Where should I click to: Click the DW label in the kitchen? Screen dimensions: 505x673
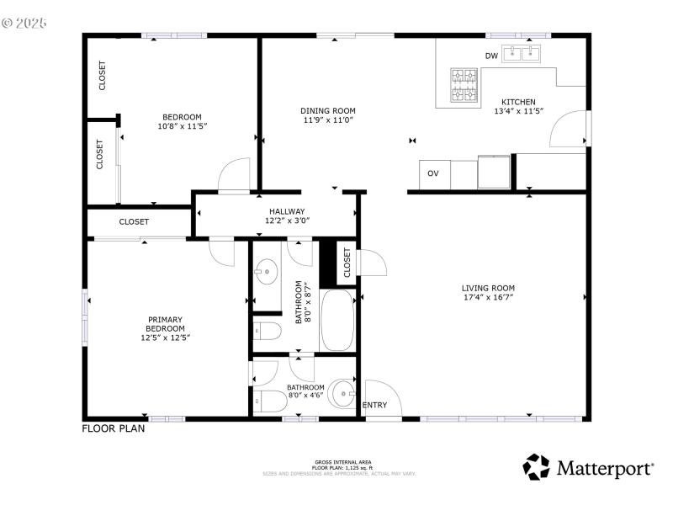point(492,56)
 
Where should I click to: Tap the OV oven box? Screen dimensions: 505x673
point(433,173)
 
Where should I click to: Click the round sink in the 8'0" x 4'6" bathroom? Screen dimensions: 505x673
point(342,392)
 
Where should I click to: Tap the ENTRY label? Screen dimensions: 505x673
point(374,406)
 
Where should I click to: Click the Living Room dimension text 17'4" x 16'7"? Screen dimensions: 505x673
point(487,297)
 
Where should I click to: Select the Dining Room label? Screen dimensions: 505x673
point(328,111)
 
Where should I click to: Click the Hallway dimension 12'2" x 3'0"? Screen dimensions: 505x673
point(287,221)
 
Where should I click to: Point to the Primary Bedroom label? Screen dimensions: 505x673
point(165,324)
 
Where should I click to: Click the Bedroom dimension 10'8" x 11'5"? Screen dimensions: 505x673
point(182,126)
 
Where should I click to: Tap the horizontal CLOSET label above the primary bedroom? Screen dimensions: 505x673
point(134,222)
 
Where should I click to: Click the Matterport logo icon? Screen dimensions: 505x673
point(536,466)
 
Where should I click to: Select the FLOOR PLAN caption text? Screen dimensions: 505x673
point(113,428)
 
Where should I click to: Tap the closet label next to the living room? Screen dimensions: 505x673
point(347,263)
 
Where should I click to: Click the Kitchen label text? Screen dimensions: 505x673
point(518,102)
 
